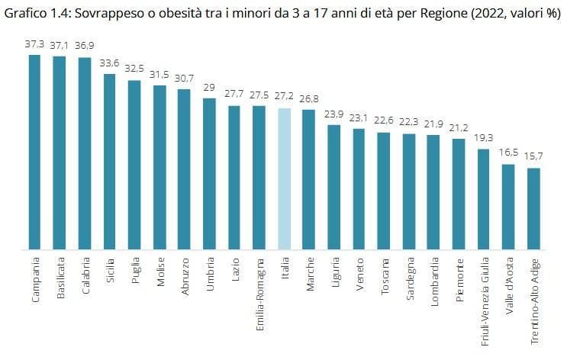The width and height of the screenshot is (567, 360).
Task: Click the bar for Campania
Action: point(34,153)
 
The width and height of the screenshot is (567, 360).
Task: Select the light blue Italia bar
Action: point(284,179)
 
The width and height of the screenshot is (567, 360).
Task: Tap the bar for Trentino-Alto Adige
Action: point(533,209)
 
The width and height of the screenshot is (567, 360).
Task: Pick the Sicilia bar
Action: point(110,162)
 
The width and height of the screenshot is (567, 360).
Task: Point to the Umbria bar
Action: point(209,174)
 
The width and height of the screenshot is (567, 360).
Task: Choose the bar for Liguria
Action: point(334,187)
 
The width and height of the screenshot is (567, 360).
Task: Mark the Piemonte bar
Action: point(459,194)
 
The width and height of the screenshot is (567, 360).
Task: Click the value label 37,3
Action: point(34,44)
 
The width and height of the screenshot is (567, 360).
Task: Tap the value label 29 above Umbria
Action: point(209,88)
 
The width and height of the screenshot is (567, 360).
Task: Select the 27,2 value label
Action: point(284,96)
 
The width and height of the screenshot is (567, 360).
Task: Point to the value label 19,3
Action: point(484,138)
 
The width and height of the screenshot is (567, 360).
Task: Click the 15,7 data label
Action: point(533,156)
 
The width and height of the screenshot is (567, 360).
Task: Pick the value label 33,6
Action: point(109,63)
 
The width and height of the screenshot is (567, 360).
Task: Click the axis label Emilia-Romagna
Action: point(260,294)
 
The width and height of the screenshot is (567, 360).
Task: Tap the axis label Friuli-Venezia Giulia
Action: point(485,301)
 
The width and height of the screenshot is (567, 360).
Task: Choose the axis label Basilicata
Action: point(60,278)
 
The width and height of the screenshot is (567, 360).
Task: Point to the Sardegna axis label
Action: point(410,278)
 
